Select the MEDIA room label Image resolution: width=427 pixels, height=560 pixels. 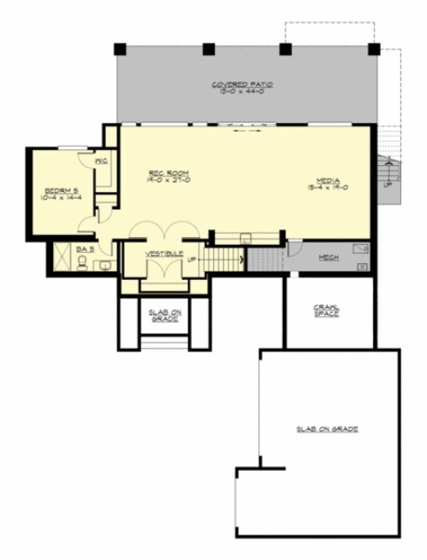[x=328, y=180]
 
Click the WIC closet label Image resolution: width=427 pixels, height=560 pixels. [x=99, y=160]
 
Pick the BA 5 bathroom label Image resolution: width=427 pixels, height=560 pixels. [x=83, y=250]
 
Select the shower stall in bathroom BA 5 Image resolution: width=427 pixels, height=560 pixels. [x=61, y=256]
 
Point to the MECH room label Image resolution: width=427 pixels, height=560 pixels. [x=328, y=258]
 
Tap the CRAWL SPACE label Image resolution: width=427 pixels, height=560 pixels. [x=326, y=310]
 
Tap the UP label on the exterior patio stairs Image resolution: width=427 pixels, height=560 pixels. [x=387, y=182]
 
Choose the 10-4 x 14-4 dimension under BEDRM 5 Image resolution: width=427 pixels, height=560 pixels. [x=62, y=198]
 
